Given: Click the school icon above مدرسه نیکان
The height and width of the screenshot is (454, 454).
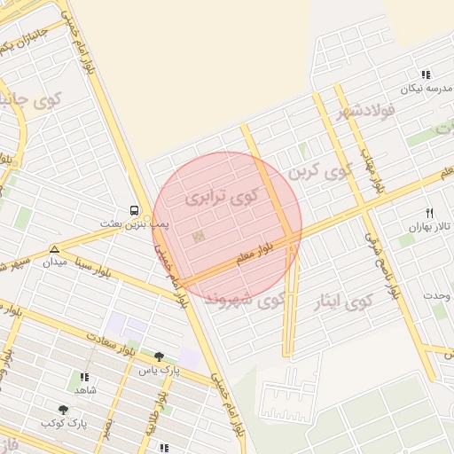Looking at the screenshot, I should [x=426, y=75].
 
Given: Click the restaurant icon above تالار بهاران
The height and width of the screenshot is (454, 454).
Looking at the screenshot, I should [x=430, y=213].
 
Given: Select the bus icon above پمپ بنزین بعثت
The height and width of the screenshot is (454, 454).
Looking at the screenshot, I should [x=134, y=210].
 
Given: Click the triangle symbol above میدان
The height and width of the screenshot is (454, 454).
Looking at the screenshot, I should [x=55, y=250].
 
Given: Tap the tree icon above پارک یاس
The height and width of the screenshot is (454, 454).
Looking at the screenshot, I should [x=159, y=356].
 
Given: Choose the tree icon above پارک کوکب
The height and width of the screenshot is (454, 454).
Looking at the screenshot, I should [x=63, y=410].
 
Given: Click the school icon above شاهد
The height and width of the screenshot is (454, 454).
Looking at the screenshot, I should [x=84, y=377].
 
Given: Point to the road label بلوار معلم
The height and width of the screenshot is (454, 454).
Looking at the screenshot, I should [x=256, y=254].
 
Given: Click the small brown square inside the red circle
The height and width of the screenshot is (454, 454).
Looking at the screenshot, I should [x=198, y=237].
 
